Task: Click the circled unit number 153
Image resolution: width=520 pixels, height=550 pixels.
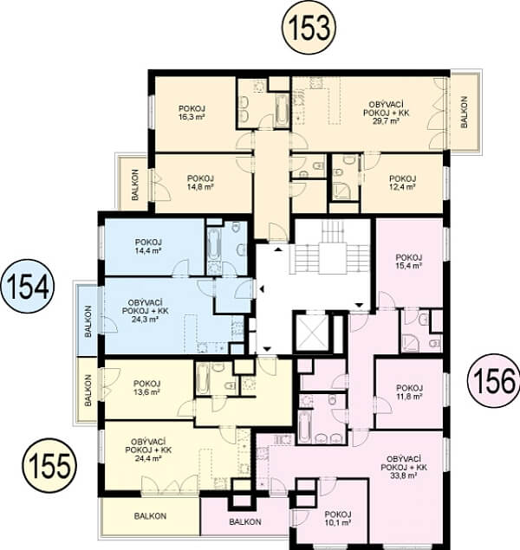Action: (x=309, y=28)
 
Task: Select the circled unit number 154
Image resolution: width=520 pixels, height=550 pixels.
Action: (x=28, y=286)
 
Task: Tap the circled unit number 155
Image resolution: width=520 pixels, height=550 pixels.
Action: (x=49, y=465)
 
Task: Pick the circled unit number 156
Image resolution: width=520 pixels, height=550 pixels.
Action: (x=494, y=380)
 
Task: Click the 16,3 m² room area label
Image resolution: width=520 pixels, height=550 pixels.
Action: (x=192, y=117)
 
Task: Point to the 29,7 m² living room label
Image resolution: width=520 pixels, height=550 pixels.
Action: (x=386, y=121)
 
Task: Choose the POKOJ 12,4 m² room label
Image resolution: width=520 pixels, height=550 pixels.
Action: (x=402, y=183)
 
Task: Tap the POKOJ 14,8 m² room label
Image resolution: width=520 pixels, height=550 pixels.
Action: (x=200, y=183)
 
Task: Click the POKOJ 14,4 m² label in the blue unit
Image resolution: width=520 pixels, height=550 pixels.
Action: (x=148, y=247)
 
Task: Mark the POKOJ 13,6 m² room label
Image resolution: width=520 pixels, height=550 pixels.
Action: (x=146, y=387)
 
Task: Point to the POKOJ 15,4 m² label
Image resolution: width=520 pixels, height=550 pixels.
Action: (x=409, y=262)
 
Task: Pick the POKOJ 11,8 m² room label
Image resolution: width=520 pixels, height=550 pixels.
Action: (x=409, y=392)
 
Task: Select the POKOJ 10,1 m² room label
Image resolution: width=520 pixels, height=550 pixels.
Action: (x=338, y=519)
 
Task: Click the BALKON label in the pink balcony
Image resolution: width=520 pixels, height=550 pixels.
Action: (x=245, y=522)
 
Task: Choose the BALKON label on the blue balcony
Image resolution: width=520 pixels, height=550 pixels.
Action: (x=88, y=321)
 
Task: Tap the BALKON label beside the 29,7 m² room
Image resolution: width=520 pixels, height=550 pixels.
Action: (x=464, y=112)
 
